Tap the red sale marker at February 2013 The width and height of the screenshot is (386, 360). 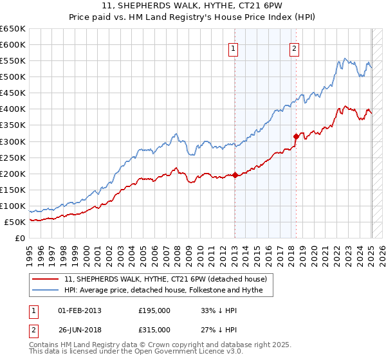coord(235,174)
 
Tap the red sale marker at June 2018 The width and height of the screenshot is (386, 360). coord(296,136)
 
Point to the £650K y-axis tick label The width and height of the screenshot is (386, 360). coord(13,29)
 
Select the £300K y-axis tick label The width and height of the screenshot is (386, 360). coord(13,141)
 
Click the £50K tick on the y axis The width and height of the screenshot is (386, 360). coord(15,222)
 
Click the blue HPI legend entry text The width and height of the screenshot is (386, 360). coord(168,291)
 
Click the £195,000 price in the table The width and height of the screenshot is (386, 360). coord(154,310)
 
